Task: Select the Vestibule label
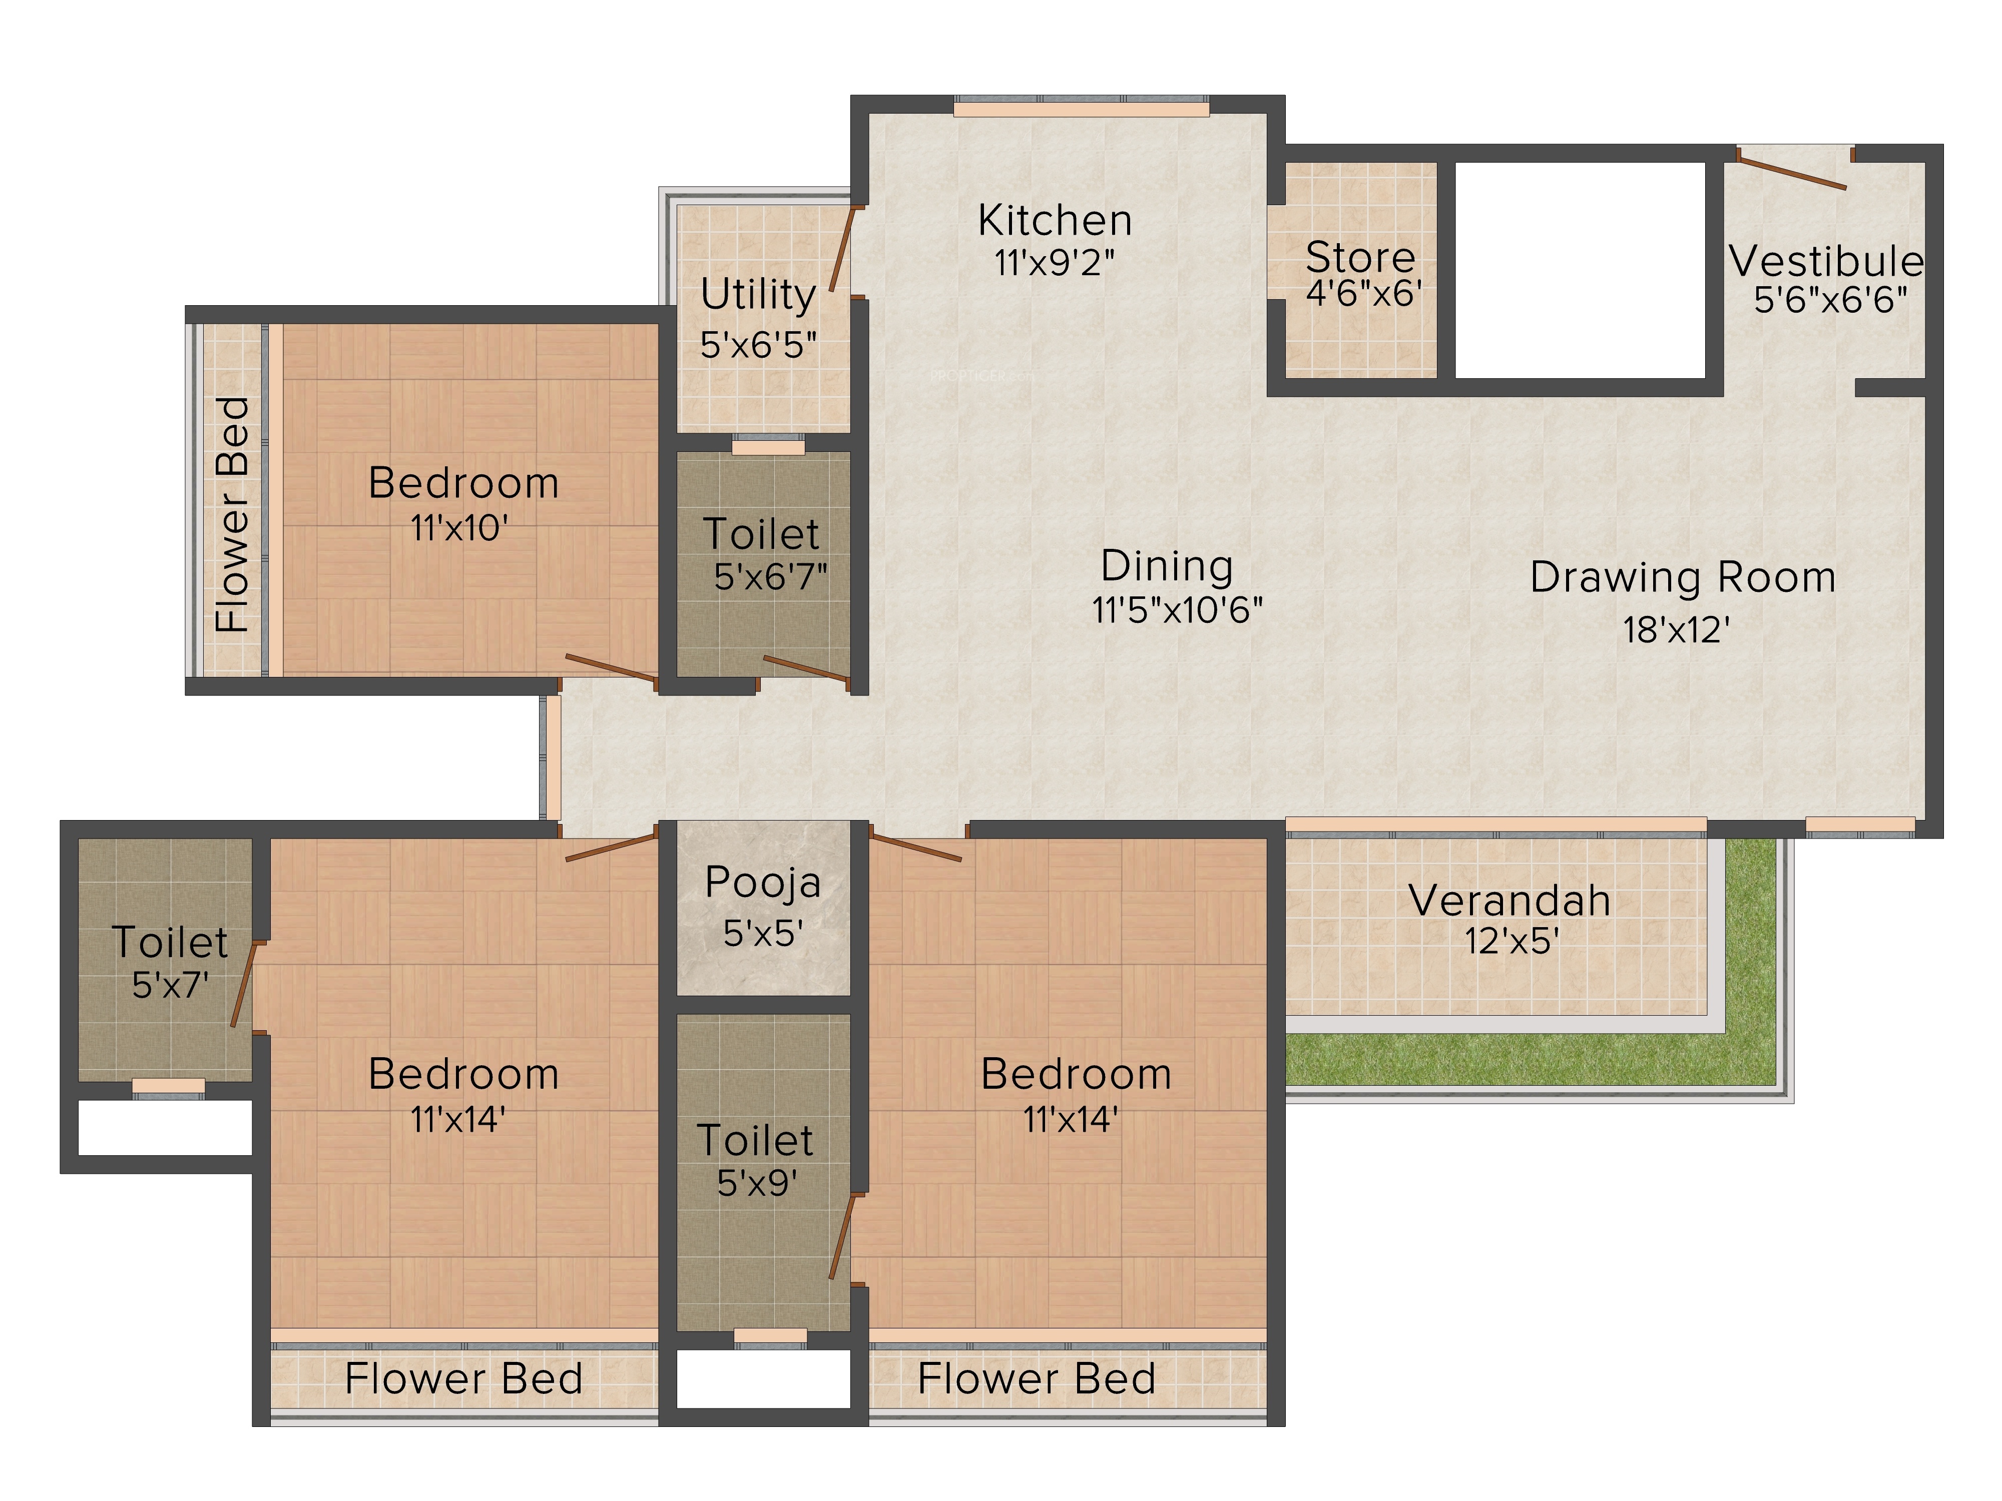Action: pos(1826,262)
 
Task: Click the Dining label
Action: pos(1167,566)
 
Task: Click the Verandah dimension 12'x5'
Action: pos(1512,941)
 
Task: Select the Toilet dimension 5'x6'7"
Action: pos(770,576)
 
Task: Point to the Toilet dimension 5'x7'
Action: pos(170,984)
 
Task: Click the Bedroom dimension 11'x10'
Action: pos(459,527)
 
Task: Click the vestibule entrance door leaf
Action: pos(1792,175)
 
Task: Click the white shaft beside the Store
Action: pos(1580,270)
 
